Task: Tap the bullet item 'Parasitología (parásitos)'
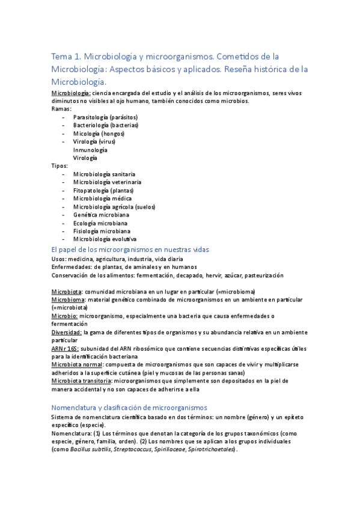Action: click(105, 117)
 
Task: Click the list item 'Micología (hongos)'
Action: click(99, 133)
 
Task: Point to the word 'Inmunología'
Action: click(90, 149)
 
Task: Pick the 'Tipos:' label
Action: click(60, 165)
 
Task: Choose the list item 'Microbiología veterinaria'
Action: click(108, 182)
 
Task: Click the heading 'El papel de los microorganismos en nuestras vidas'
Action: click(130, 249)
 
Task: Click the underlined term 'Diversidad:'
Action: click(67, 331)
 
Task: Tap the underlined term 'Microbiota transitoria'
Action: click(81, 381)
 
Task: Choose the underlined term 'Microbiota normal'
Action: click(77, 364)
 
